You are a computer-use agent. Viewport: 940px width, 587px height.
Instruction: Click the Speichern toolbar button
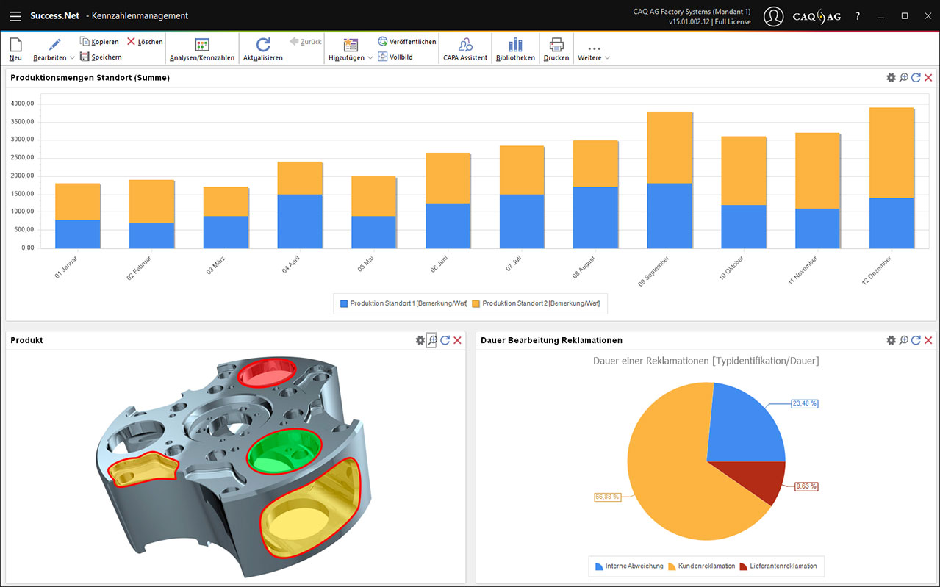[101, 57]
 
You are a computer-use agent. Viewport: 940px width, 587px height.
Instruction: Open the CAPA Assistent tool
[465, 49]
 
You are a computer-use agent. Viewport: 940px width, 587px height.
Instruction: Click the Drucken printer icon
[556, 49]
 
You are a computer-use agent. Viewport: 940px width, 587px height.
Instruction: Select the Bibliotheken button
[515, 49]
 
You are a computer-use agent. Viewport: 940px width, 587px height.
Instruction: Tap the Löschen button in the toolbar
[145, 42]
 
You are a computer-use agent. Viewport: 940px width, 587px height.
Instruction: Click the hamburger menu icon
[15, 15]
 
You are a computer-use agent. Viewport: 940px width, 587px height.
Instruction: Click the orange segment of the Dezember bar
[891, 153]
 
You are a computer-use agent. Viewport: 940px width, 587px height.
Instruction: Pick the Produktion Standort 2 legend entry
[536, 303]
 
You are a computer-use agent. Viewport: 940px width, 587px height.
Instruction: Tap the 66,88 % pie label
[607, 497]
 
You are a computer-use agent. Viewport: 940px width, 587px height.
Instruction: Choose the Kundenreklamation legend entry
[702, 566]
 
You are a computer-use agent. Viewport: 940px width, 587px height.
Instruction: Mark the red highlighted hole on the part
[268, 372]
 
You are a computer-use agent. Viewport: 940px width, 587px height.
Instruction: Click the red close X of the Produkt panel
[457, 340]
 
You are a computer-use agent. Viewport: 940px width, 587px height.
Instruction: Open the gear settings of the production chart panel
[891, 78]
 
